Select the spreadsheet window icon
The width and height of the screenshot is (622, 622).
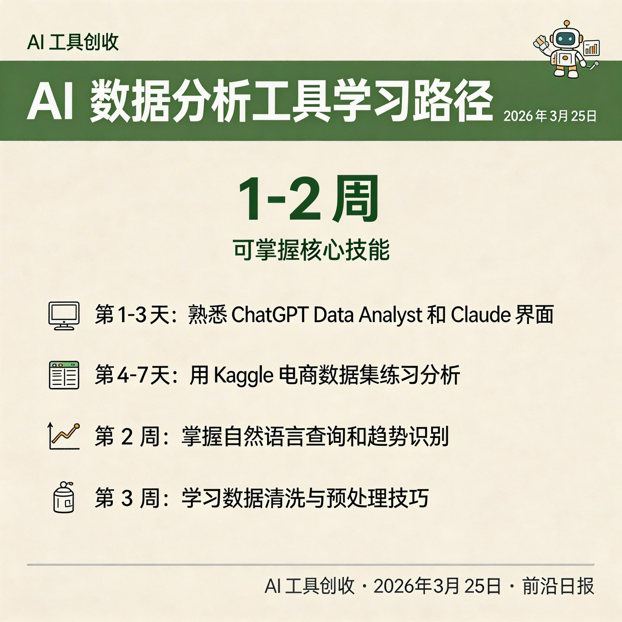pyautogui.click(x=64, y=375)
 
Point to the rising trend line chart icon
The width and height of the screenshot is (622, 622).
pyautogui.click(x=64, y=436)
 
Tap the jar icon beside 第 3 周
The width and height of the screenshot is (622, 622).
pyautogui.click(x=63, y=497)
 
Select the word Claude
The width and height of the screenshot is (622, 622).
pyautogui.click(x=480, y=315)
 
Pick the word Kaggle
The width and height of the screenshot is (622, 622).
pyautogui.click(x=243, y=375)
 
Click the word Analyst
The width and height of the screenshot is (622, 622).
pyautogui.click(x=391, y=315)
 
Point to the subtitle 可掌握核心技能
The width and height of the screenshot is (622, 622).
pyautogui.click(x=311, y=250)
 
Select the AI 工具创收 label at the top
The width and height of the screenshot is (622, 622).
pyautogui.click(x=73, y=42)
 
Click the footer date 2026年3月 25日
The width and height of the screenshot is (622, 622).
pyautogui.click(x=437, y=586)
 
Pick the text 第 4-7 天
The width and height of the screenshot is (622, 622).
pyautogui.click(x=132, y=375)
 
